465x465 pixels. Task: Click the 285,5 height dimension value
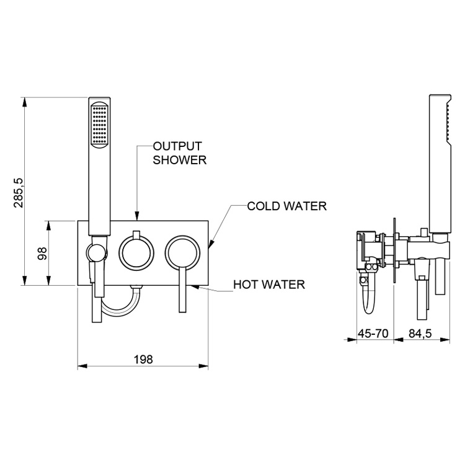pos(19,192)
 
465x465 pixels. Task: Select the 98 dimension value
pos(42,254)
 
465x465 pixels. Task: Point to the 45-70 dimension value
pos(373,334)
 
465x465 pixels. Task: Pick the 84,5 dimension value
pos(420,334)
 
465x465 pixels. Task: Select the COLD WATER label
pos(286,206)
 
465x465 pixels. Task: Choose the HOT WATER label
pos(268,285)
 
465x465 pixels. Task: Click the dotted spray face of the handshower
pos(99,125)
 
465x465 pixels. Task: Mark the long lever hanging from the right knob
pos(182,291)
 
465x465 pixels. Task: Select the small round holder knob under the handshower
pos(94,252)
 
